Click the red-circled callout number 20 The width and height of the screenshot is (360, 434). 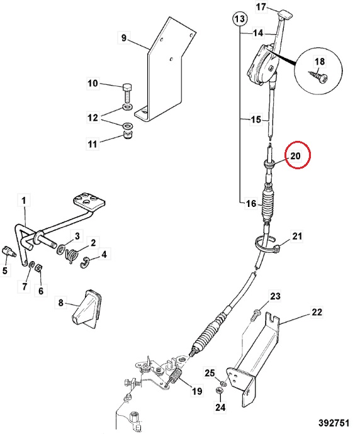(x=295, y=156)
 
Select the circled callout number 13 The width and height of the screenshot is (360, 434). (x=240, y=19)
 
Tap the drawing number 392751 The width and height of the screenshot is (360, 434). (x=334, y=423)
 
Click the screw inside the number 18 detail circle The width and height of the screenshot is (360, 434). (x=318, y=77)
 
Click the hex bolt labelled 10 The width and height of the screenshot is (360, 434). (x=127, y=93)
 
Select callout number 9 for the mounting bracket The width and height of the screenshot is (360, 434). (x=123, y=37)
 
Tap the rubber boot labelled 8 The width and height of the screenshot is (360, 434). (x=86, y=309)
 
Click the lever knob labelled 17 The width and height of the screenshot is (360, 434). (x=284, y=14)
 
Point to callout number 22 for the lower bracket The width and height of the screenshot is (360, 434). (x=317, y=312)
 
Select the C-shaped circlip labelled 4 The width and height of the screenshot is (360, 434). (x=85, y=263)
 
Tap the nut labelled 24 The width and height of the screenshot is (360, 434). (x=220, y=391)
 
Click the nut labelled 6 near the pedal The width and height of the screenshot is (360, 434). (x=38, y=268)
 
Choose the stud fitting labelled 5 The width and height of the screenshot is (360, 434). (x=9, y=252)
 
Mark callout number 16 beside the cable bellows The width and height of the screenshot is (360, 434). (x=251, y=204)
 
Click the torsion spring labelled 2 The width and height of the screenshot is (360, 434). (x=71, y=255)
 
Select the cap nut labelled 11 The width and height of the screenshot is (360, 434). (x=127, y=136)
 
